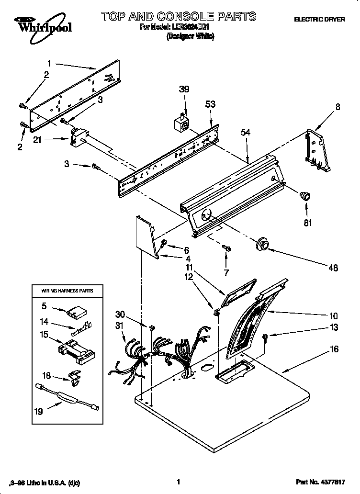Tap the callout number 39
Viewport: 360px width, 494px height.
pos(184,89)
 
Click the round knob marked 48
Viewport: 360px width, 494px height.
pos(262,244)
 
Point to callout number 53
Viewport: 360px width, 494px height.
pos(210,104)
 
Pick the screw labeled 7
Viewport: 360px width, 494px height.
pos(227,248)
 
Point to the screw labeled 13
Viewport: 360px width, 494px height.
pos(266,338)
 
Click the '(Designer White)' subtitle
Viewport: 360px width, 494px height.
pos(190,37)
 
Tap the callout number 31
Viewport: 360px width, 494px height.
pos(119,325)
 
